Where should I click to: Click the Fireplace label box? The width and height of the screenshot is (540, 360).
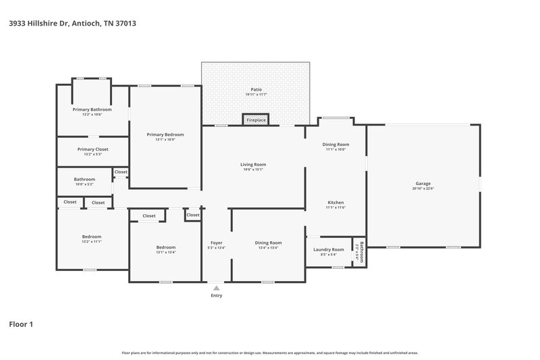256,120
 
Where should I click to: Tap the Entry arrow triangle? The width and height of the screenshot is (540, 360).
216,288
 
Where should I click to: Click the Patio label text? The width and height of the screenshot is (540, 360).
256,89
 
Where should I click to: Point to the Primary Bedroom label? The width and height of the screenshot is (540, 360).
165,134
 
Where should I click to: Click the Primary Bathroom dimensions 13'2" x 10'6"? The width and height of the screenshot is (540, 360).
92,114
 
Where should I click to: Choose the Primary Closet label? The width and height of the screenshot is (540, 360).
92,149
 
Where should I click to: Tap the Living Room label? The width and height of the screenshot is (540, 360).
253,164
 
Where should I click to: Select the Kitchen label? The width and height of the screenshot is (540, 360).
335,203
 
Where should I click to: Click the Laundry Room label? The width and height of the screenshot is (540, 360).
329,249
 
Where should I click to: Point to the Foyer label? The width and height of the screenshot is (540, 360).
216,242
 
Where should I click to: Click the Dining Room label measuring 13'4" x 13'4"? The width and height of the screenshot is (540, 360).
268,242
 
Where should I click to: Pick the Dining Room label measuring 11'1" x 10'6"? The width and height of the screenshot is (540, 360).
335,144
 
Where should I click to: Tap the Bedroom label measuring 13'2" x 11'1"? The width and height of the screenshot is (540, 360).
92,236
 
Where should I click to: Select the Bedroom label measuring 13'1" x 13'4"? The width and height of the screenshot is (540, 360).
165,247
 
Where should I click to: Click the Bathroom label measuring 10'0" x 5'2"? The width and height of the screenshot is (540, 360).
84,179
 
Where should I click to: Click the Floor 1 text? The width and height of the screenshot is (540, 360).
21,325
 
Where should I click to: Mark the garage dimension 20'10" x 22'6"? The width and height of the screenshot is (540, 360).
423,188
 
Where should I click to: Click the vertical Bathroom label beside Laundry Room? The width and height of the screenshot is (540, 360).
361,251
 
